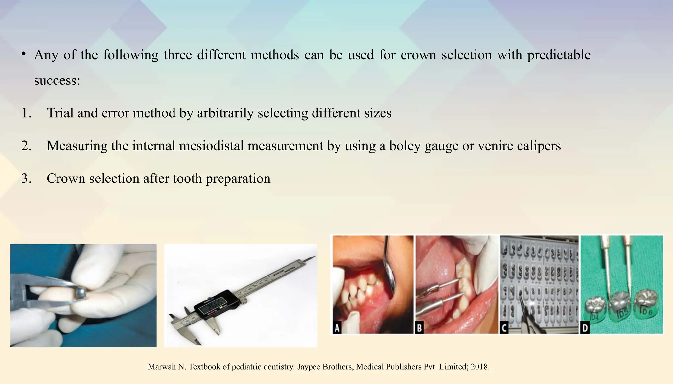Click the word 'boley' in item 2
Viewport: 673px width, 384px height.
click(405, 146)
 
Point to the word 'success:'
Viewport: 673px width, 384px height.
click(57, 80)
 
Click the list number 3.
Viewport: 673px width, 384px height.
click(26, 179)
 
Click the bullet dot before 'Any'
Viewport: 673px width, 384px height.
click(24, 54)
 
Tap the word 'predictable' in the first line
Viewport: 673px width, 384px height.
click(559, 55)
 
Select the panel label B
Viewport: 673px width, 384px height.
click(419, 328)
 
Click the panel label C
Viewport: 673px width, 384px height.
click(504, 328)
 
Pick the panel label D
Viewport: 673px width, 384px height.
click(585, 328)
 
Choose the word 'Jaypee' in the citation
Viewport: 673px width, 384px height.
click(308, 367)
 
